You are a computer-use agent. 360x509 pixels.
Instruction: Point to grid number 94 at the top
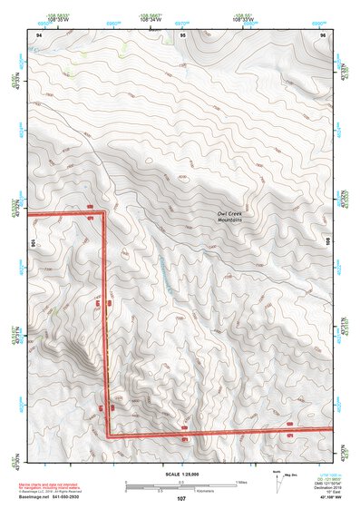(39, 34)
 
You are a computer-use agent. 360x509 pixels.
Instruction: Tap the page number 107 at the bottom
(181, 499)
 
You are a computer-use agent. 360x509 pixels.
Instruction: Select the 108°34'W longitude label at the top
(154, 18)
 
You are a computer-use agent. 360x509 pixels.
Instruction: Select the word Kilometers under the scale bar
(207, 490)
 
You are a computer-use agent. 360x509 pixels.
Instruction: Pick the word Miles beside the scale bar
(240, 482)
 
